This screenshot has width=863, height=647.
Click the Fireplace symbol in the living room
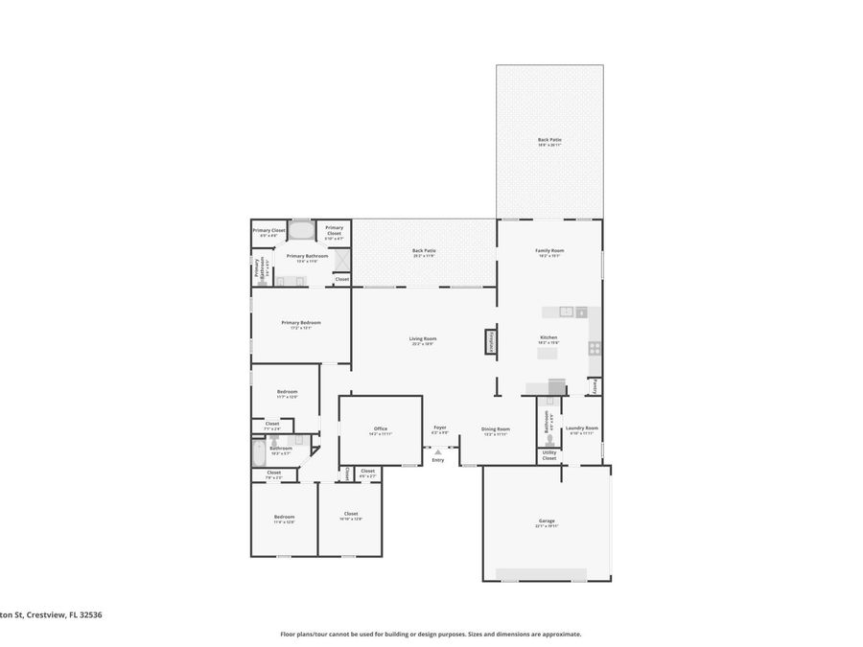coord(491,342)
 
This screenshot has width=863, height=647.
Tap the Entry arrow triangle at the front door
coord(438,451)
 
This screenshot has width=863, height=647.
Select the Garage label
coord(547,522)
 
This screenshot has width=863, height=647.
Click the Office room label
coord(380,430)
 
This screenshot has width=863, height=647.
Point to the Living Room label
coord(423,339)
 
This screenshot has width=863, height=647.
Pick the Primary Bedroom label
coord(301,324)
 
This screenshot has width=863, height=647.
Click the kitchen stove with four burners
coord(595,348)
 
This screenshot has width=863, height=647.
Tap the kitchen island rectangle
coord(548,353)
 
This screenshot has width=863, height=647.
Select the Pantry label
coord(595,385)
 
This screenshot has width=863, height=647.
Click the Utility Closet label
coord(548,455)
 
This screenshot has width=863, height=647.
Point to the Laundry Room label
coord(582,429)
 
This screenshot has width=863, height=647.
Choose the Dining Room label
coord(496,430)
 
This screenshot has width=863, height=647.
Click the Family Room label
coord(549,252)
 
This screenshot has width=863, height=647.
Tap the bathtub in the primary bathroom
coord(301,230)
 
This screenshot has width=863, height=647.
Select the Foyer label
coord(440,428)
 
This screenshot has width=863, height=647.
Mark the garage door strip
coord(542,574)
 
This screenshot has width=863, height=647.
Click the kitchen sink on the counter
coord(567,312)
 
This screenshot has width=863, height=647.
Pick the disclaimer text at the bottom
coord(431,634)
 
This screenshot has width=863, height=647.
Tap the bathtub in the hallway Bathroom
coord(258,452)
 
